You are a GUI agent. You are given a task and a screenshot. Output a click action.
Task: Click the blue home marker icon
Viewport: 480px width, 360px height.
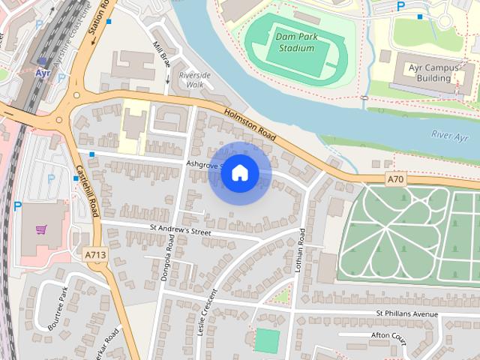point(240,173)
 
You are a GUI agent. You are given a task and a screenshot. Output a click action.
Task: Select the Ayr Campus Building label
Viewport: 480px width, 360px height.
point(434,72)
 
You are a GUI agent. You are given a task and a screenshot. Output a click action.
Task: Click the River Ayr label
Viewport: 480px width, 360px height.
point(451,135)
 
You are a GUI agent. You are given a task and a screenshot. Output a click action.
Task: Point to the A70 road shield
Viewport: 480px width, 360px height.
point(396,179)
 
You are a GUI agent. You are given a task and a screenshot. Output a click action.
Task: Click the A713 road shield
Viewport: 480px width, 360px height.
point(94,255)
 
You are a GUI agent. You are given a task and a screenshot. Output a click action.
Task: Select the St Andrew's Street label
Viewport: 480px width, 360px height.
point(181,229)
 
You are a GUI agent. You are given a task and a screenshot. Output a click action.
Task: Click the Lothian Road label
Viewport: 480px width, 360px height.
point(301,250)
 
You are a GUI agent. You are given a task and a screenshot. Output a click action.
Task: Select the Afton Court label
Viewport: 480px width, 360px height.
point(388,336)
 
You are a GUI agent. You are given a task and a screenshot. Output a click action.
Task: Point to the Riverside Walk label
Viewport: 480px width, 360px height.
point(195,80)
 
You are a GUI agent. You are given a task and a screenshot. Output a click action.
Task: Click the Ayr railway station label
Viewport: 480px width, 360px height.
point(42,73)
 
